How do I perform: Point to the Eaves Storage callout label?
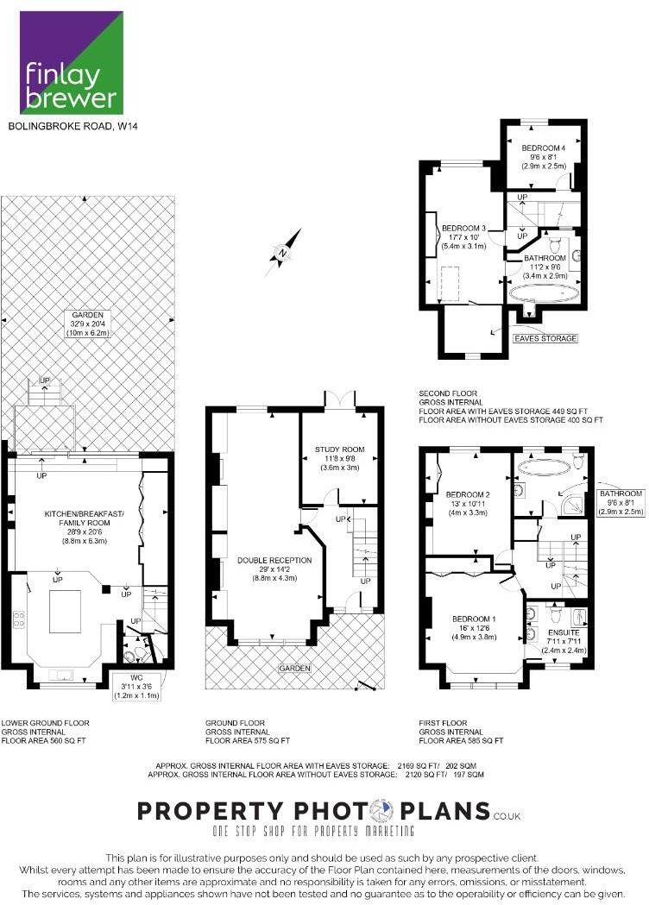[545, 338]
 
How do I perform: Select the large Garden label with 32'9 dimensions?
[87, 323]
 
